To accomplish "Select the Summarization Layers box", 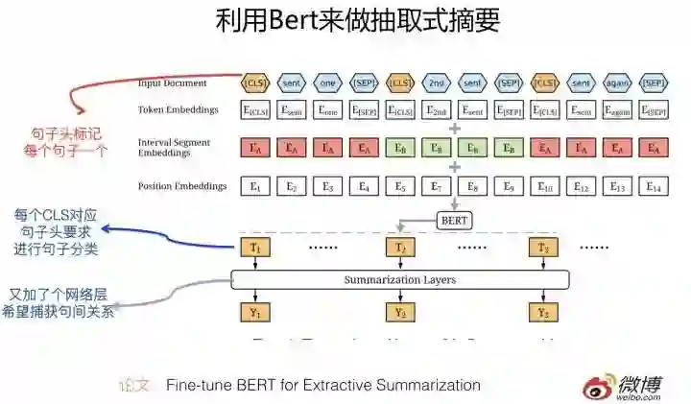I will coord(400,280).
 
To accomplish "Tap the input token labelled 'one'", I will coord(327,83).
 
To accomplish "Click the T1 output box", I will coord(255,249).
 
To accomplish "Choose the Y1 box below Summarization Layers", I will coord(255,313).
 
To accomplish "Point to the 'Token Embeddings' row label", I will coord(178,110).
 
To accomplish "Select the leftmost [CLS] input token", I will coord(255,83).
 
